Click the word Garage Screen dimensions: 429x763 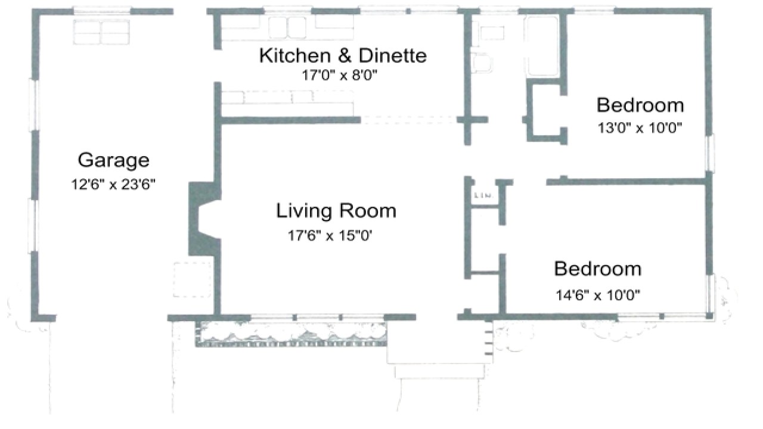coord(113,160)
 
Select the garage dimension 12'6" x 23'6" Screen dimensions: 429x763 coord(113,184)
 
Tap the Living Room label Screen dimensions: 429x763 coord(336,211)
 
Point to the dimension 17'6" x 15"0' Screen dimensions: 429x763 coord(334,236)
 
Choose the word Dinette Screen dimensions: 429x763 coord(392,56)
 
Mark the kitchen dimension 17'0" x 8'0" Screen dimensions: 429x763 coord(340,75)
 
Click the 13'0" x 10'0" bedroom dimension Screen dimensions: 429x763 coord(640,128)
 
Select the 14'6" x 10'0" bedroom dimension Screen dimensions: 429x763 coord(598,294)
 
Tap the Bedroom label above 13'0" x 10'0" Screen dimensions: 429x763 coord(640,105)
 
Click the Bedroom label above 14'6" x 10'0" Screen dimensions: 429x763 coord(597,269)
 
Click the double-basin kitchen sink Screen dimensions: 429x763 coord(287,27)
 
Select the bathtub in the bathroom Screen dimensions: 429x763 coord(542,46)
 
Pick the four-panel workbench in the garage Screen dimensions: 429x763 coord(101,32)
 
